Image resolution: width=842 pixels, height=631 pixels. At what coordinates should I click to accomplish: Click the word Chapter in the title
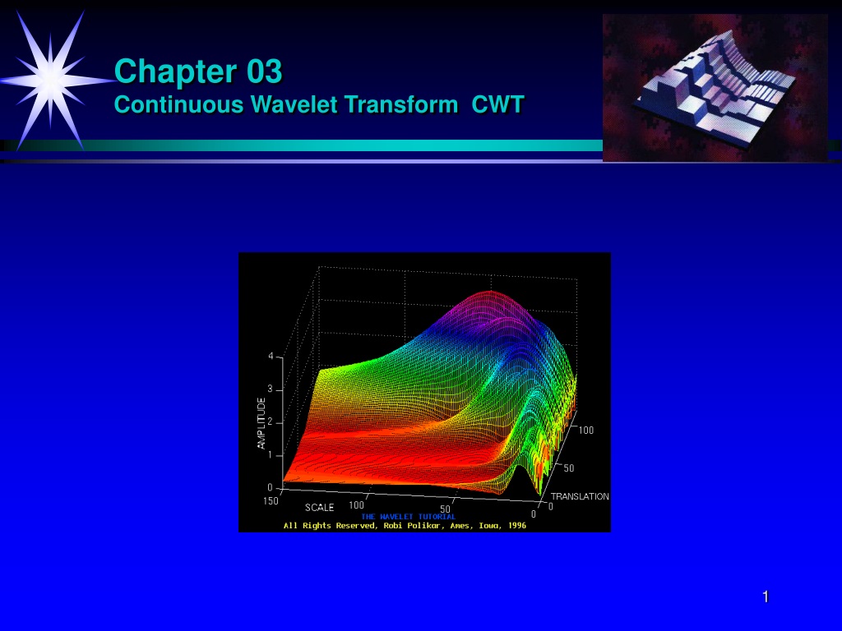[177, 71]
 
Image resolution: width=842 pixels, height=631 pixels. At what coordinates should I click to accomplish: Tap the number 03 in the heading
[265, 71]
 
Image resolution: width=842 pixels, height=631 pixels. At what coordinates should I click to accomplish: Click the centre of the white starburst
[50, 80]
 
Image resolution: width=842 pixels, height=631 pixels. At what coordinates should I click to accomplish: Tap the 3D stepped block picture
[715, 87]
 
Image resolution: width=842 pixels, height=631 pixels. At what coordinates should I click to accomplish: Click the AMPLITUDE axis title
[261, 423]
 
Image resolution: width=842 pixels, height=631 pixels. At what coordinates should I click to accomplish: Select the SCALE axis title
[320, 507]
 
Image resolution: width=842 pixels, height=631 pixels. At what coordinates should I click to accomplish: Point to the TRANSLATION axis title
[580, 496]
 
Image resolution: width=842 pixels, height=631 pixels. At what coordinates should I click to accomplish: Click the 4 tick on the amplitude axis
[271, 357]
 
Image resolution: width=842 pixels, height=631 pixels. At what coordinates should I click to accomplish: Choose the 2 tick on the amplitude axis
[271, 422]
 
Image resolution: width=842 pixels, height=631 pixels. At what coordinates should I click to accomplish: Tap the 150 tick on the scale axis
[271, 500]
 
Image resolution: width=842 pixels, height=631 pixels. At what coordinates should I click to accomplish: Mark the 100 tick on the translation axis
[585, 430]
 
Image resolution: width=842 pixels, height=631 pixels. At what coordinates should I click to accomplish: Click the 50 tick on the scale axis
[445, 509]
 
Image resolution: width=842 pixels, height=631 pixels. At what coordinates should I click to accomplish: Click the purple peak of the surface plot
[490, 295]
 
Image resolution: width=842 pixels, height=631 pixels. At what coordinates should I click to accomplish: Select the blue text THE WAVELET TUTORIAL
[408, 517]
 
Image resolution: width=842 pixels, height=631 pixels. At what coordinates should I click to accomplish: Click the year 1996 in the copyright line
[517, 525]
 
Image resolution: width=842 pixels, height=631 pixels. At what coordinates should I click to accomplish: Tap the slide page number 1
[766, 596]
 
